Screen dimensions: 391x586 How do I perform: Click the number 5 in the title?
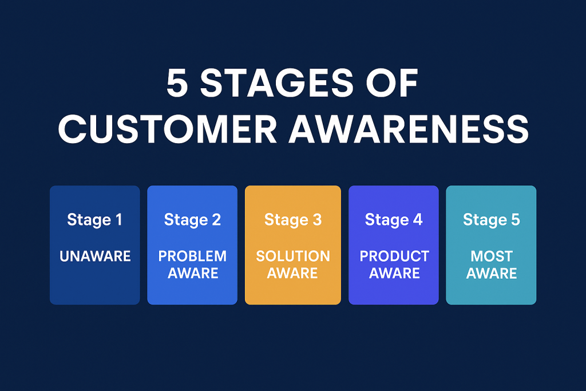pos(177,84)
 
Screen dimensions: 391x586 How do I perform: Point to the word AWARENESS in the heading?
pos(408,130)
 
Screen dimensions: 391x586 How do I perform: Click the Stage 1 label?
pos(94,220)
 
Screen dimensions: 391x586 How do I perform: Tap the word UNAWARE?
pos(95,256)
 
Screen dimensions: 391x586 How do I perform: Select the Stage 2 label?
pos(192,220)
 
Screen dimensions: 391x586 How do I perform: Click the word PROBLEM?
pos(192,256)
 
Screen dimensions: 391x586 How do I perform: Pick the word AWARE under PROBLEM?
pos(192,273)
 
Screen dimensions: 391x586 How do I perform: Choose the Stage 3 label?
pos(293,220)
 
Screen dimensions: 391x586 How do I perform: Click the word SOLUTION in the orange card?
pos(293,256)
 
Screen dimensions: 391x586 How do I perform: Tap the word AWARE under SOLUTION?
pos(293,273)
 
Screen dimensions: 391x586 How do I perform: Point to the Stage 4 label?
pos(394,220)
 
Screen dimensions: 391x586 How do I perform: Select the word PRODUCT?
pos(394,256)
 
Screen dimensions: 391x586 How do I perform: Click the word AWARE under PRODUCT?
pos(394,273)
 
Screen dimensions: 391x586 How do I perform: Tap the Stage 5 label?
pos(492,220)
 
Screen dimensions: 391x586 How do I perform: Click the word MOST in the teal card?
pos(492,256)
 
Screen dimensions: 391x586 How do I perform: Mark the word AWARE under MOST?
pos(492,273)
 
